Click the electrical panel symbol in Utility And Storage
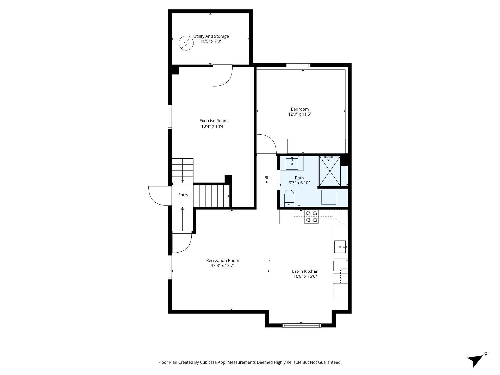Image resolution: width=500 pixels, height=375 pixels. click(186, 43)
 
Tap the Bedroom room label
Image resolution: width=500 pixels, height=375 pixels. click(300, 109)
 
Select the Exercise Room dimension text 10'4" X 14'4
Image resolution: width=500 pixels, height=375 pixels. click(212, 126)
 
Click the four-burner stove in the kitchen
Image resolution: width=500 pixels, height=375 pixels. click(312, 217)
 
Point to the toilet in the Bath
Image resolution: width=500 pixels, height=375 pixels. click(289, 198)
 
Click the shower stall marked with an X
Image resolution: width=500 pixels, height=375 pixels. click(330, 171)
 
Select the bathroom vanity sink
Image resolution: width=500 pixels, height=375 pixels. click(292, 164)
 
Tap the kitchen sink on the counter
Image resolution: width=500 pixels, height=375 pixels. click(340, 247)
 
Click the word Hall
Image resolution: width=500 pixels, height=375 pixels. click(267, 180)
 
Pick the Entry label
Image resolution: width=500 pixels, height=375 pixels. click(183, 195)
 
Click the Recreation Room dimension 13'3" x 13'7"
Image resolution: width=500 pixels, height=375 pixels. click(223, 266)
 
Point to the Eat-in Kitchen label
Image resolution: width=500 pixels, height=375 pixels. click(305, 271)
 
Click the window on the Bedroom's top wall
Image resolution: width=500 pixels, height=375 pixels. click(298, 65)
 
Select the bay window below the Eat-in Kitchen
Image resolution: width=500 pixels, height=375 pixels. click(302, 325)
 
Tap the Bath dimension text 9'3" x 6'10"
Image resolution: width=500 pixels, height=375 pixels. click(299, 183)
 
